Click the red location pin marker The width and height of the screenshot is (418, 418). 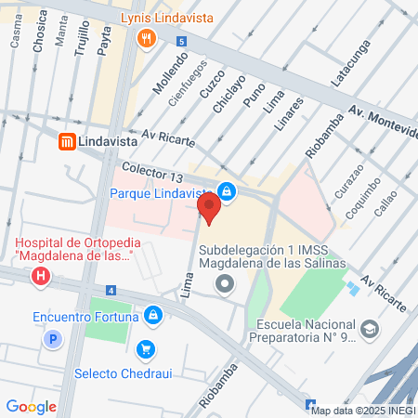[x=210, y=206]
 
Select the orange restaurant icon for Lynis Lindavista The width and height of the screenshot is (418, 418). [x=146, y=38]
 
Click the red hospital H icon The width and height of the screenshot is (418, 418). [x=41, y=276]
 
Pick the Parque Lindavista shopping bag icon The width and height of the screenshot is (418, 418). [x=228, y=192]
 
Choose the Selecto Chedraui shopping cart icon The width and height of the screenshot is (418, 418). [x=145, y=349]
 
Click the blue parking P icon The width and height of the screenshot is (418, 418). [x=54, y=340]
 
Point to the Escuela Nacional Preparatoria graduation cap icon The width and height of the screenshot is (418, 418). [x=370, y=330]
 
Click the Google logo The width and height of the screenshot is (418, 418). [x=32, y=406]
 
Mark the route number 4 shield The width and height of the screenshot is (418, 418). [x=111, y=291]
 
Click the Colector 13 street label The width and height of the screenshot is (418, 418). [x=152, y=172]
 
